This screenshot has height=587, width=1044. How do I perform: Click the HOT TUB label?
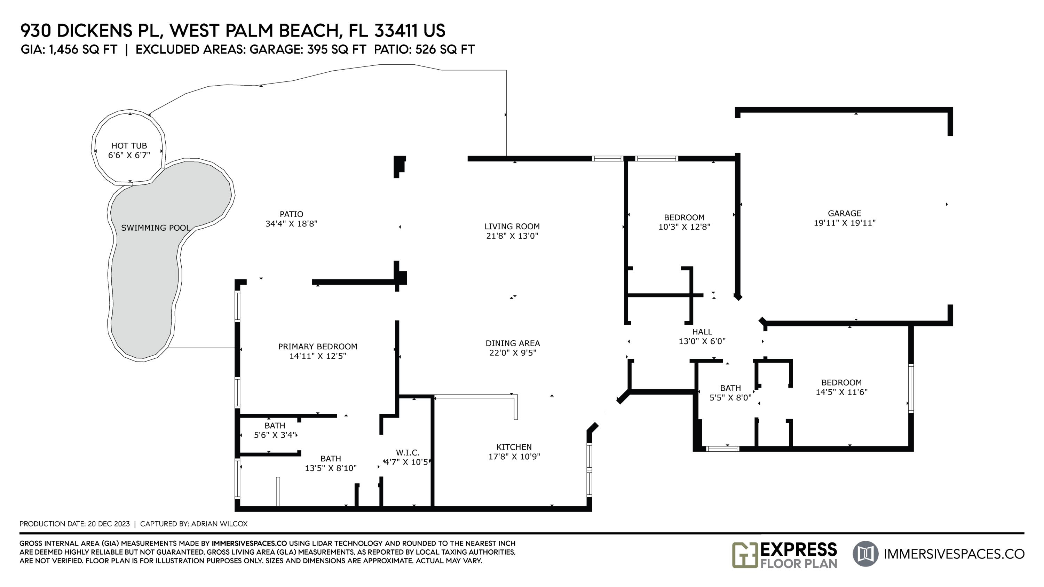click(129, 146)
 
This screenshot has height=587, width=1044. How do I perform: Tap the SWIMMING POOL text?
click(156, 228)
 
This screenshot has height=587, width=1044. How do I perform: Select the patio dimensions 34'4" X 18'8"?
click(291, 224)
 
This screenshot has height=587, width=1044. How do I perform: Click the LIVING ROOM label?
click(512, 227)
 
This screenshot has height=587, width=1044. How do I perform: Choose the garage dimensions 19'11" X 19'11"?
click(845, 223)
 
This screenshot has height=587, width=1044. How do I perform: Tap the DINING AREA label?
click(513, 343)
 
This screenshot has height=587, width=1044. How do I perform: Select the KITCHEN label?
click(514, 447)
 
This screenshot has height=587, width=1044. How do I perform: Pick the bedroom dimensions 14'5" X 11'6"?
click(842, 392)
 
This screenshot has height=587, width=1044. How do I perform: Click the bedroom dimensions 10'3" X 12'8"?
click(685, 227)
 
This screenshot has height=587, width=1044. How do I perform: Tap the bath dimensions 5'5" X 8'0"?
click(731, 398)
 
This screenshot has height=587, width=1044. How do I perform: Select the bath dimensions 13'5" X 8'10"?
click(331, 468)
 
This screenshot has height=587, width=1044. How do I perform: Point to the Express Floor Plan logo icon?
click(745, 555)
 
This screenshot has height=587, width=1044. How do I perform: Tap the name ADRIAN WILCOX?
click(219, 524)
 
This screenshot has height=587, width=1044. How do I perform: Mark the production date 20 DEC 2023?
click(109, 524)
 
